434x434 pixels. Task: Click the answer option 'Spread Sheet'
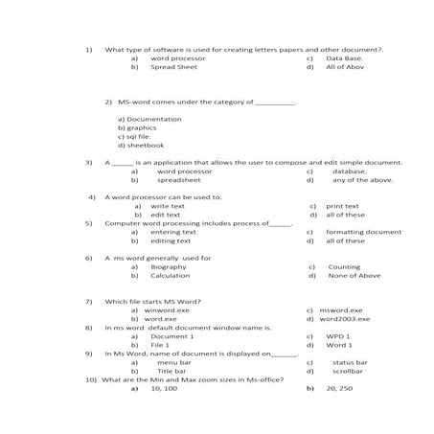(173, 68)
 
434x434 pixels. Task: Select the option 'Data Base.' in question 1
(344, 58)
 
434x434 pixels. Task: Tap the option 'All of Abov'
(344, 68)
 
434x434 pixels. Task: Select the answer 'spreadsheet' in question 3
(178, 180)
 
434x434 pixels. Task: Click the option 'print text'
(342, 206)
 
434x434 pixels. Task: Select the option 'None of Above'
(354, 276)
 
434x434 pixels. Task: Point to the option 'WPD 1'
(338, 337)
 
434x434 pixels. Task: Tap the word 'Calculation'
(170, 276)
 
